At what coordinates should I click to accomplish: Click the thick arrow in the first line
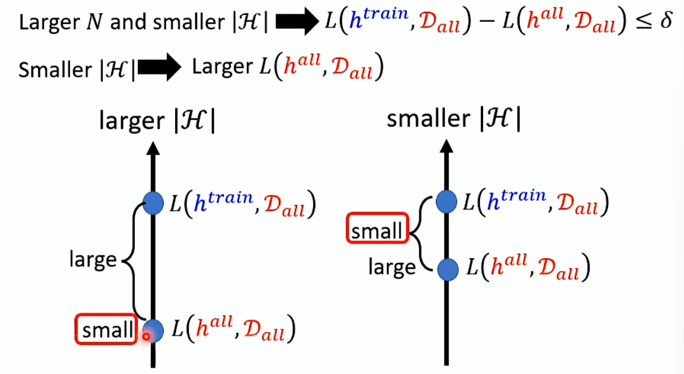(296, 24)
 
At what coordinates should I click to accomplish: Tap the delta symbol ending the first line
(665, 22)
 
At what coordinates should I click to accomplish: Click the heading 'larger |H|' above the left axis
(157, 122)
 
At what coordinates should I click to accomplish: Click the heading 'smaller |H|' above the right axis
(453, 119)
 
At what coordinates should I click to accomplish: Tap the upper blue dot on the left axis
(153, 203)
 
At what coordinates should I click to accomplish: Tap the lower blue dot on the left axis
(153, 330)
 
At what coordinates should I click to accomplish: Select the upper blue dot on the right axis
(446, 201)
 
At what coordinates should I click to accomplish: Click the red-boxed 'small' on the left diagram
(106, 330)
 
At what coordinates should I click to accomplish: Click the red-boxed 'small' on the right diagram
(377, 231)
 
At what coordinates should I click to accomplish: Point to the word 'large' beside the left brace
(92, 260)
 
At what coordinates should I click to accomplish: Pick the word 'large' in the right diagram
(392, 267)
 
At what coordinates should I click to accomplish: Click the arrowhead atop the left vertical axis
(153, 148)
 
